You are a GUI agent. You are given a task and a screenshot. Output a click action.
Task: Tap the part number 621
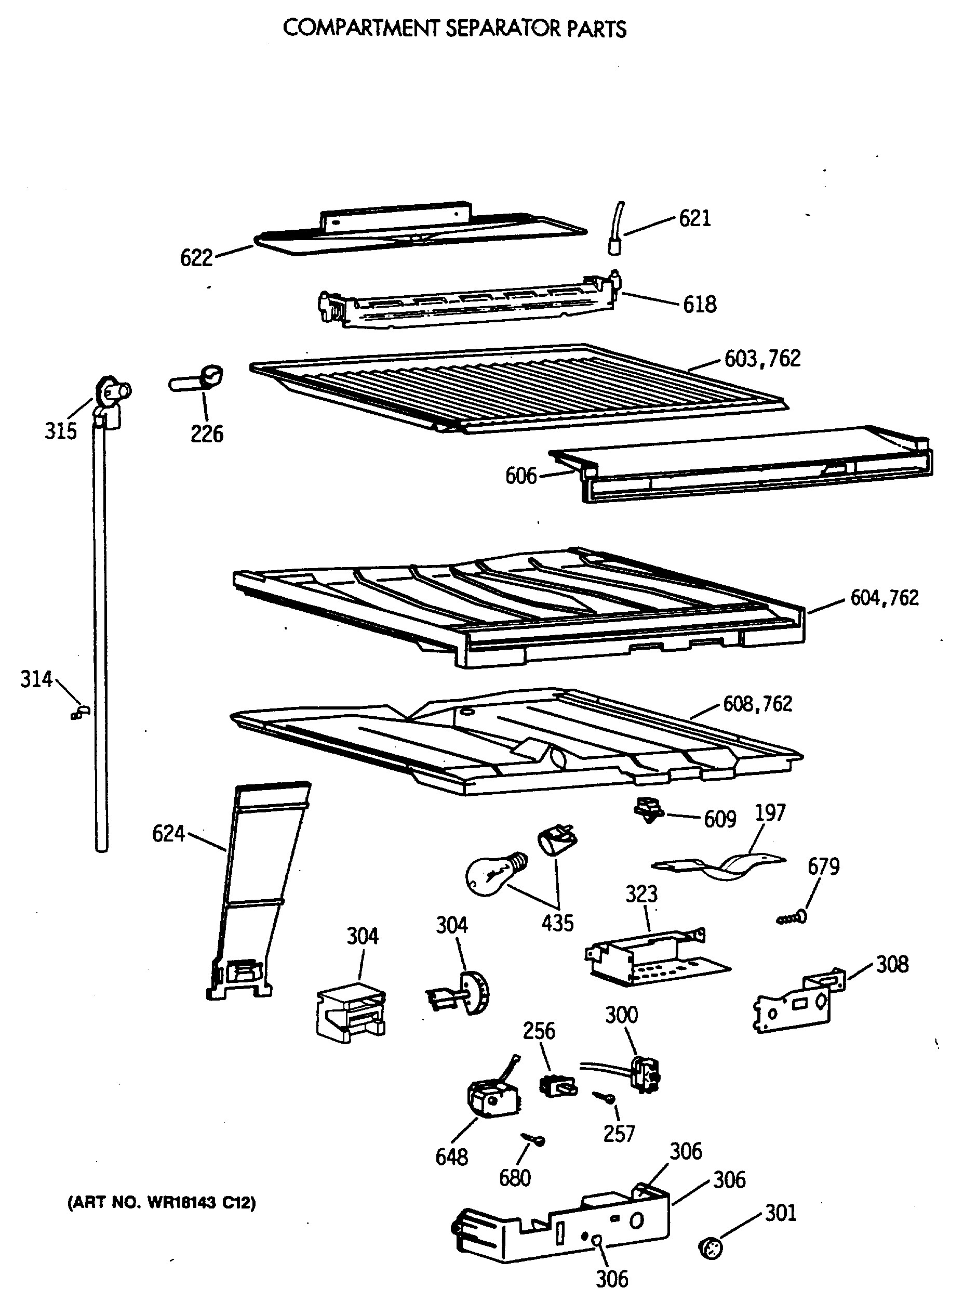click(694, 219)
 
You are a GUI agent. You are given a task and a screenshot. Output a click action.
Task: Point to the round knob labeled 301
click(710, 1249)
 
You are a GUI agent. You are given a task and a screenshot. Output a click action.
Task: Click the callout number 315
click(61, 431)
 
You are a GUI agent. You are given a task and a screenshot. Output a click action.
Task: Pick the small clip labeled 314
click(80, 712)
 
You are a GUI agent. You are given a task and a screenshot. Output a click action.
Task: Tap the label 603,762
click(762, 359)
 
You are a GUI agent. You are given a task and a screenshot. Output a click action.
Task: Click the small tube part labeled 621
click(615, 231)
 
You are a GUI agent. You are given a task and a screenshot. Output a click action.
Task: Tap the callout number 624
click(168, 834)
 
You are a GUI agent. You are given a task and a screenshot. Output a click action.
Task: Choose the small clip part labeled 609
click(648, 810)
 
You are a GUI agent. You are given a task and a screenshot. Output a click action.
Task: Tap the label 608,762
click(757, 704)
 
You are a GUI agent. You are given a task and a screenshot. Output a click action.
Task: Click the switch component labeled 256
click(558, 1086)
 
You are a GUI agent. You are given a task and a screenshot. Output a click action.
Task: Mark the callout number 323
click(641, 894)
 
